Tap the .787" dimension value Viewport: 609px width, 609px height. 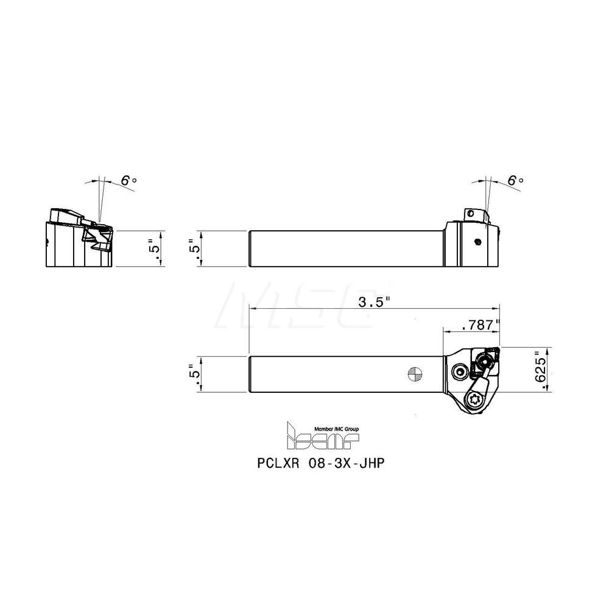coord(481,325)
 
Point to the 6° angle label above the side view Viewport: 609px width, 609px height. coord(515,180)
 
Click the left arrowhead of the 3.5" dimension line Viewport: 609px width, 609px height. coord(251,309)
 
